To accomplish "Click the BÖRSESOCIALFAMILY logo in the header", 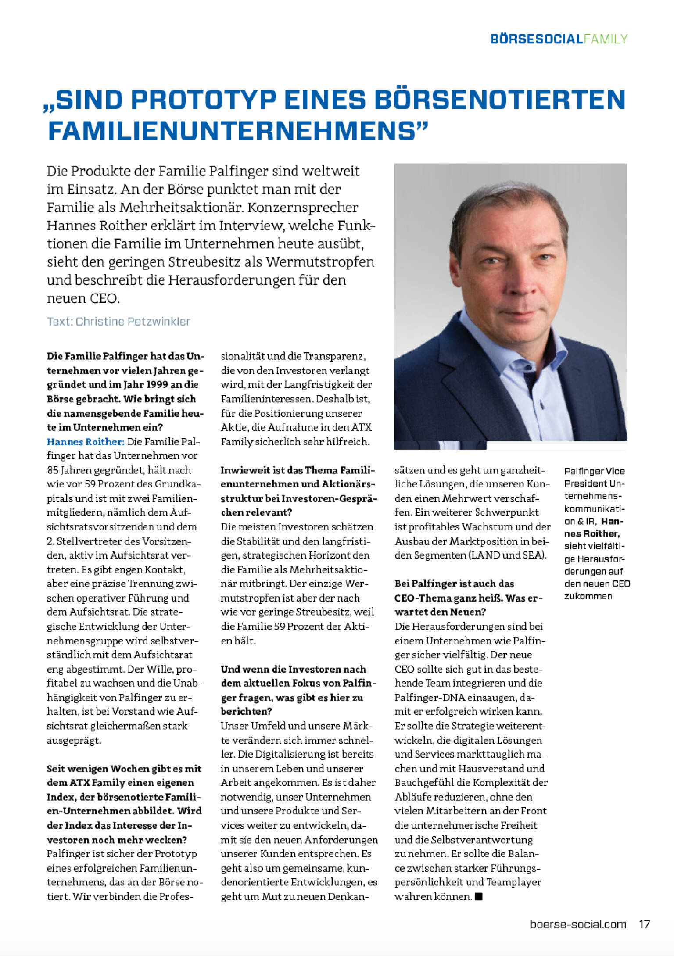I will [559, 39].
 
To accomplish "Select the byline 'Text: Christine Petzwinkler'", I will [118, 321].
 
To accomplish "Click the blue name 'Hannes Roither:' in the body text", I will [86, 441].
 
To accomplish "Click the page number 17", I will [644, 924].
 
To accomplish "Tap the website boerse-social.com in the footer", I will [578, 924].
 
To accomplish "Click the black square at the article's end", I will [479, 896].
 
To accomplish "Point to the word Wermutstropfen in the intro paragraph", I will [320, 262].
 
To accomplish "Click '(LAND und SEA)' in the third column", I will [508, 555].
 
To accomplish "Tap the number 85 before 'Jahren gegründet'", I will [53, 470].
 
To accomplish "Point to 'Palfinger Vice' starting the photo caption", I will [594, 471].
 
